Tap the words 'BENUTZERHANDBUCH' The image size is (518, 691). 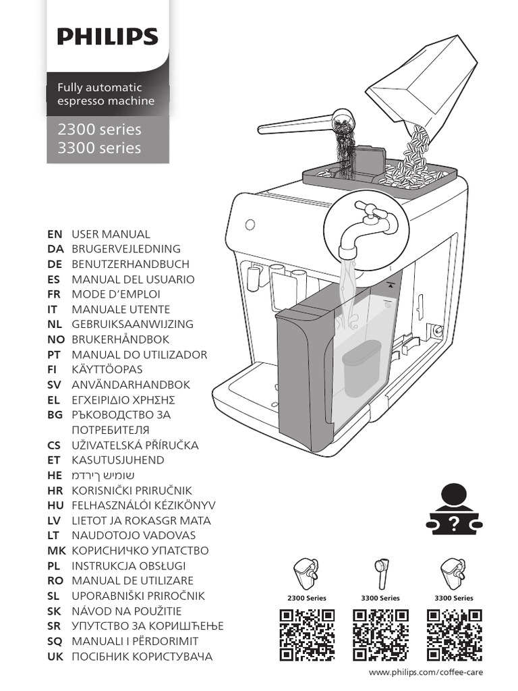tap(130, 264)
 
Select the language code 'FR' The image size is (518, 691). tap(55, 294)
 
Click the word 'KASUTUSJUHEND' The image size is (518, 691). tap(117, 460)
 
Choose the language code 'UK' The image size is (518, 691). tap(55, 656)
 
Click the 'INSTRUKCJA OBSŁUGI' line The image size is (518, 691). tap(128, 565)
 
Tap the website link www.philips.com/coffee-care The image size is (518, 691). tap(426, 673)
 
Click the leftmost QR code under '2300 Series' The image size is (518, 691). tap(307, 635)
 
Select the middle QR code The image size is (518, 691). tap(380, 635)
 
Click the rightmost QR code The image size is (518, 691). tap(454, 635)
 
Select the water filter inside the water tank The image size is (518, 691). tap(362, 368)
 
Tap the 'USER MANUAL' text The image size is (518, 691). tap(111, 234)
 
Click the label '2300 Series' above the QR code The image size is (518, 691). tap(307, 598)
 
